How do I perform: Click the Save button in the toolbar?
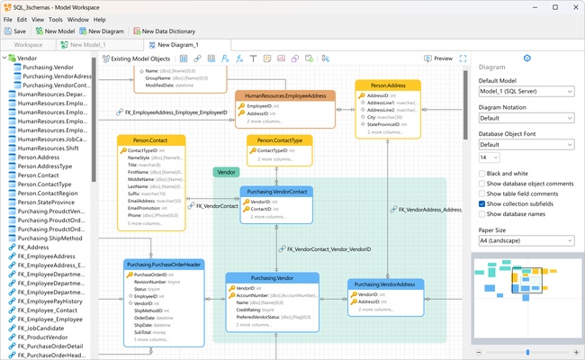click(14, 31)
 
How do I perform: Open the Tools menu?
click(56, 18)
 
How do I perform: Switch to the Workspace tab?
click(27, 44)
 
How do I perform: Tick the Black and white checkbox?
click(483, 173)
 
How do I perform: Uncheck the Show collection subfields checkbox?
click(483, 203)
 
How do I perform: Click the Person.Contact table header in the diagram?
click(151, 140)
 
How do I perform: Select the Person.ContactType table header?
click(280, 140)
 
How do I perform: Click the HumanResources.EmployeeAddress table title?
click(285, 95)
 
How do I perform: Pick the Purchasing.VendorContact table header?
click(276, 192)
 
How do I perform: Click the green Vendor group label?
click(226, 172)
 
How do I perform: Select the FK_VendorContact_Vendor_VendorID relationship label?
click(328, 249)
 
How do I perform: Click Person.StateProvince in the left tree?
click(50, 202)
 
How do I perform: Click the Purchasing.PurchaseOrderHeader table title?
click(164, 265)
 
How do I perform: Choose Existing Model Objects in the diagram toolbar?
click(135, 58)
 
